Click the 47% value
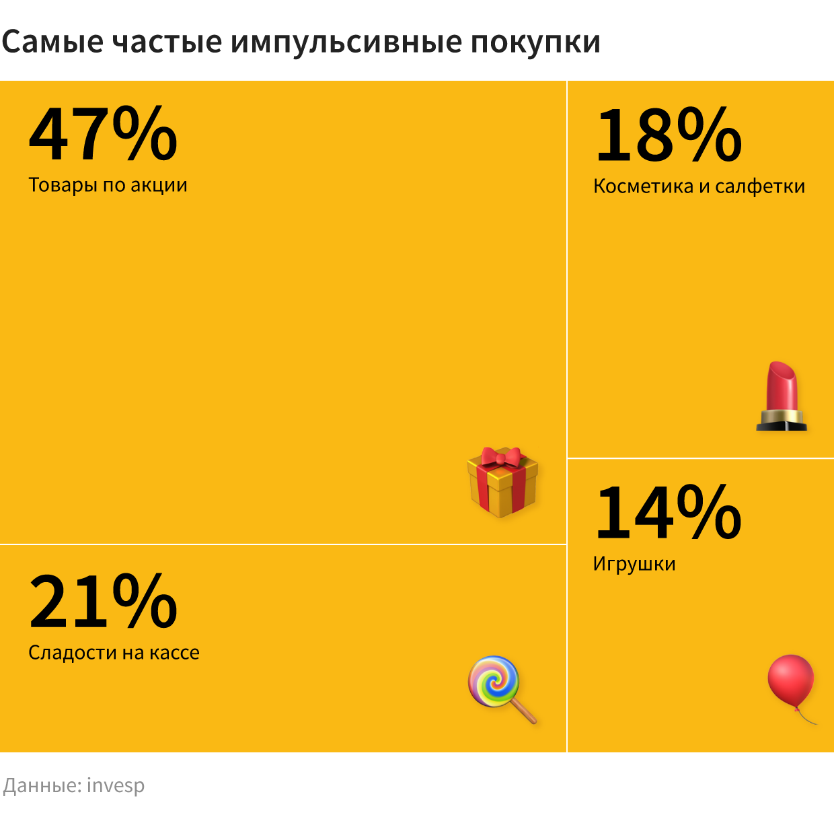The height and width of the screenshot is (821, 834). pos(103,134)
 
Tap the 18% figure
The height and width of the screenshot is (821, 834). pos(669,135)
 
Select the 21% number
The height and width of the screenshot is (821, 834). pos(103,601)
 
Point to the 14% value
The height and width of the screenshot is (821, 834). pos(669,513)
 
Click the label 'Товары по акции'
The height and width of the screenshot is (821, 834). pos(108,185)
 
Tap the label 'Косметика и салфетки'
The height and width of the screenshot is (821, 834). pos(699,186)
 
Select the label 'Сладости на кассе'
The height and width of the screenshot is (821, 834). pos(114,653)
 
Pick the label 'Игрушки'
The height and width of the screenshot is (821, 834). pos(634,564)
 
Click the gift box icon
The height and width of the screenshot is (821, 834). pos(502,483)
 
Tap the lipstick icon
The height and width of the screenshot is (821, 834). pos(782,396)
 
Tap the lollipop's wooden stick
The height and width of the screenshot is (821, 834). pos(525,711)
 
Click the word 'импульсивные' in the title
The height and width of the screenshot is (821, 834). pos(346,42)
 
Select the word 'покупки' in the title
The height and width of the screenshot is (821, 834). pos(535,42)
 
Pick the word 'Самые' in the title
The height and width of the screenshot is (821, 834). pos(52,42)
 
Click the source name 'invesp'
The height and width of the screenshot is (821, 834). pos(116,786)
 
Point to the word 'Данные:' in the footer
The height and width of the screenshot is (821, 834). pos(42,786)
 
